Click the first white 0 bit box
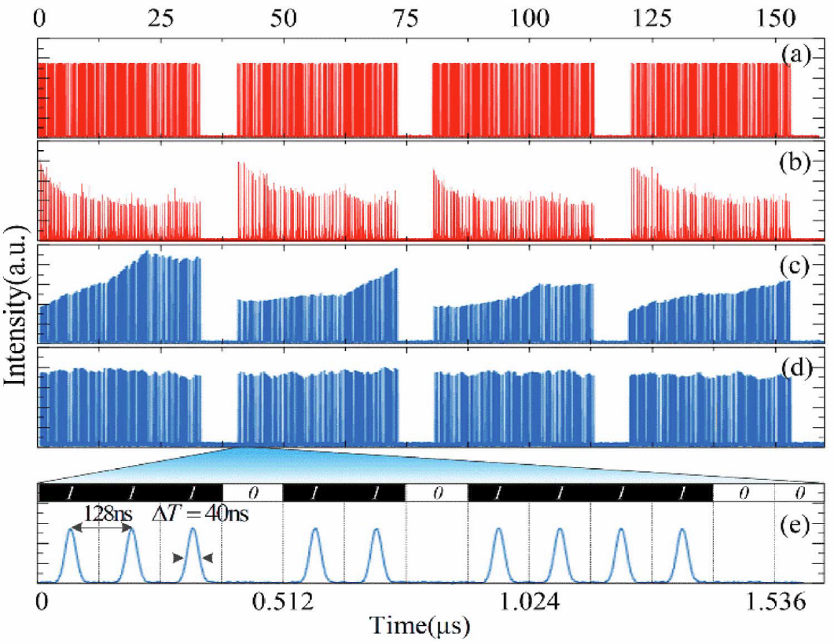252,492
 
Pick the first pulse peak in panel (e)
72,530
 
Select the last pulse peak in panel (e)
682,530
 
